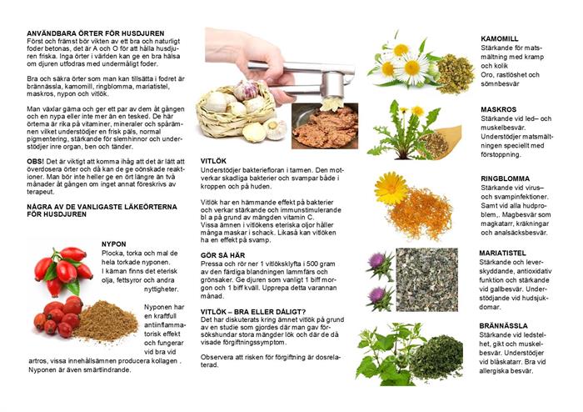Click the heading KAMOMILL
pyautogui.click(x=499, y=38)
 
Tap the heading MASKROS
pyautogui.click(x=498, y=109)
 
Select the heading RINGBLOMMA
pyautogui.click(x=505, y=178)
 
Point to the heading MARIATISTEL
pyautogui.click(x=502, y=253)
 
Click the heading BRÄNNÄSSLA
pyautogui.click(x=503, y=325)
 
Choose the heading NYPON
pyautogui.click(x=114, y=244)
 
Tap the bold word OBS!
pyautogui.click(x=35, y=162)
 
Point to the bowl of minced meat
pyautogui.click(x=325, y=126)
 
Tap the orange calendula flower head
pyautogui.click(x=391, y=188)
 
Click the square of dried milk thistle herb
pyautogui.click(x=426, y=279)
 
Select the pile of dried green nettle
pyautogui.click(x=436, y=358)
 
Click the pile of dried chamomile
pyautogui.click(x=455, y=73)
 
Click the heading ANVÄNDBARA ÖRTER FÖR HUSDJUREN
pyautogui.click(x=96, y=33)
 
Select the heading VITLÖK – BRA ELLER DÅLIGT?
pyautogui.click(x=253, y=312)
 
